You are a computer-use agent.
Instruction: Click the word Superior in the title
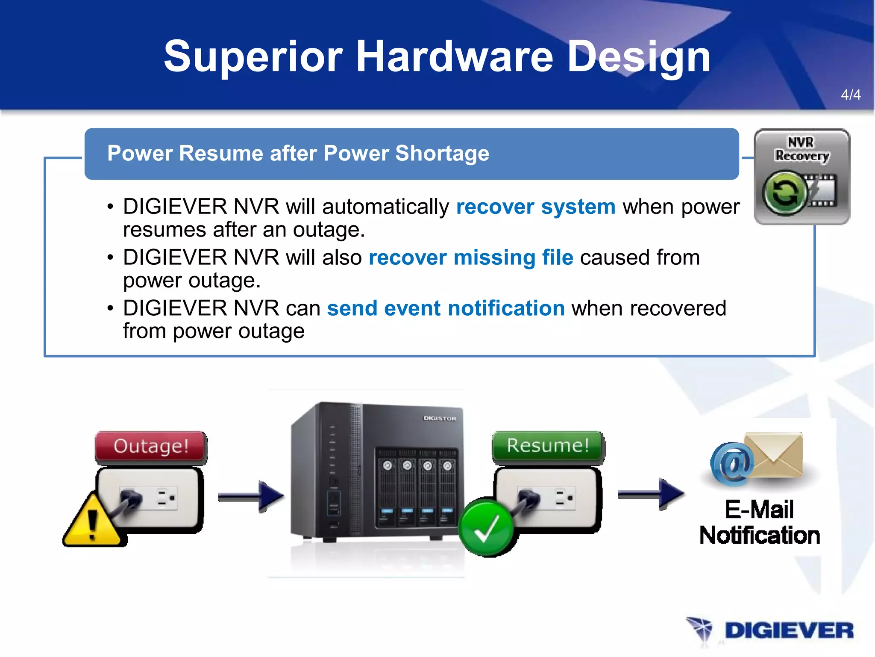coord(253,57)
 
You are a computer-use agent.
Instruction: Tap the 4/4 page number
coord(850,95)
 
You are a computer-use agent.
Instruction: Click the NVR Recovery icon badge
coord(802,176)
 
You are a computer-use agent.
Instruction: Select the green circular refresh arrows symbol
coord(784,193)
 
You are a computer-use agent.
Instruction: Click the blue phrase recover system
coord(536,207)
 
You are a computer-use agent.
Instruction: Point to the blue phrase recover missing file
coord(470,257)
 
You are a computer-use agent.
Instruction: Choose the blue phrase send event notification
coord(446,308)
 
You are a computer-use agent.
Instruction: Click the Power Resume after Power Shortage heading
coord(298,153)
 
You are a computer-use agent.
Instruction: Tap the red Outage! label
coord(150,446)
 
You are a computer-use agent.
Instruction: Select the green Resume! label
coord(548,445)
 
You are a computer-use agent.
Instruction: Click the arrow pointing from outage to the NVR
coord(251,496)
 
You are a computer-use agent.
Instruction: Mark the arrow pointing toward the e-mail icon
coord(651,494)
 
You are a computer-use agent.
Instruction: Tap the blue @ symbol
coord(731,464)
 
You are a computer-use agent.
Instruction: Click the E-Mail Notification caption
coord(759,523)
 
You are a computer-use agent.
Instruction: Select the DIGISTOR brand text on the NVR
coord(440,418)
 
